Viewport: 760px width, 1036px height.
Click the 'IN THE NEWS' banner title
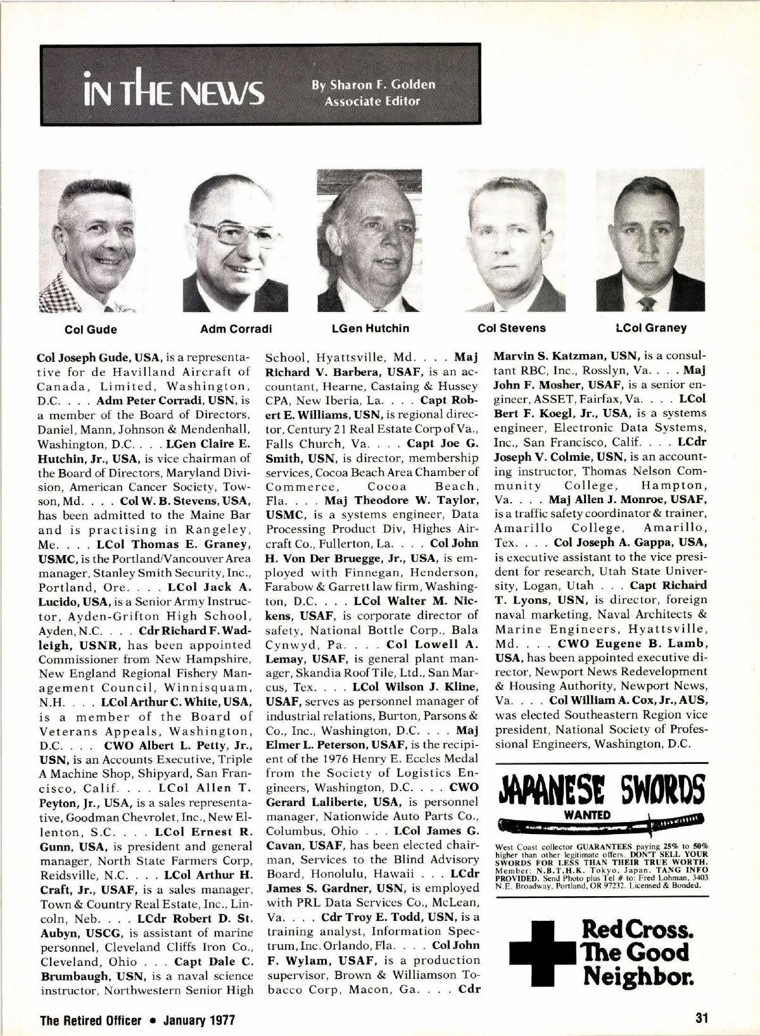172,90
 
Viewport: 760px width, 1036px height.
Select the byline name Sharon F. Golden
372,85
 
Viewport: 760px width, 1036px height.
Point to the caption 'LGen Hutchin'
370,328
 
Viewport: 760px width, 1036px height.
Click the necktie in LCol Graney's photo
648,303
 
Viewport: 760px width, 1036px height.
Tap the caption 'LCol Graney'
651,328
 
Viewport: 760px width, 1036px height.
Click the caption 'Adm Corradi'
236,328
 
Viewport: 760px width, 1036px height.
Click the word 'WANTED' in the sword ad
587,815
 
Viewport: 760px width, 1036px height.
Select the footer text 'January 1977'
199,1020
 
